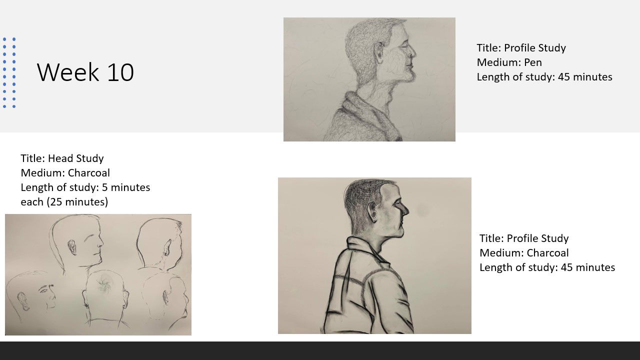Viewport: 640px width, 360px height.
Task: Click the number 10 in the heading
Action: point(120,72)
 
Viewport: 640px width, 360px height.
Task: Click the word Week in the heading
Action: point(67,72)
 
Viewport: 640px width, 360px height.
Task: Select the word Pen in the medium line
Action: point(533,62)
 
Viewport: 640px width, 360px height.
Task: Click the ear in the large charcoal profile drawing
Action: point(373,211)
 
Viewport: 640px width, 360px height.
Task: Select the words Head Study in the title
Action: point(75,158)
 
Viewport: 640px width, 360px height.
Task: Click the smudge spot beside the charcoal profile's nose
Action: point(422,211)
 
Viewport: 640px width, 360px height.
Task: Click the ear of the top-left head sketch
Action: point(72,247)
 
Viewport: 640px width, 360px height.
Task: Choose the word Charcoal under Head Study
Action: point(89,173)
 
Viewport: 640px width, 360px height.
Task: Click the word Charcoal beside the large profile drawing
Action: point(547,253)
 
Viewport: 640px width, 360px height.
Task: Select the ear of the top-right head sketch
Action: point(167,247)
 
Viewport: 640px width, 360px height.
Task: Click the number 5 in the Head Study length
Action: point(105,187)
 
